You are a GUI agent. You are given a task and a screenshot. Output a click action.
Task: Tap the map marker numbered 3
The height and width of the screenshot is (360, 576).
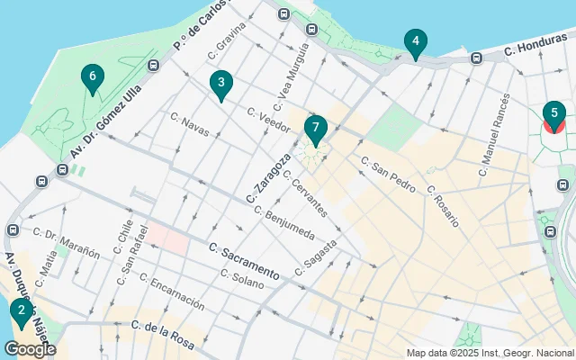tap(220, 84)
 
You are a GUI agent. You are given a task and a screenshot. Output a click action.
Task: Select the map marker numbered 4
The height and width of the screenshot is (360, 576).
tap(415, 41)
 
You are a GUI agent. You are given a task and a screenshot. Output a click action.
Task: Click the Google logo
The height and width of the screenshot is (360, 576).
tap(30, 349)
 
